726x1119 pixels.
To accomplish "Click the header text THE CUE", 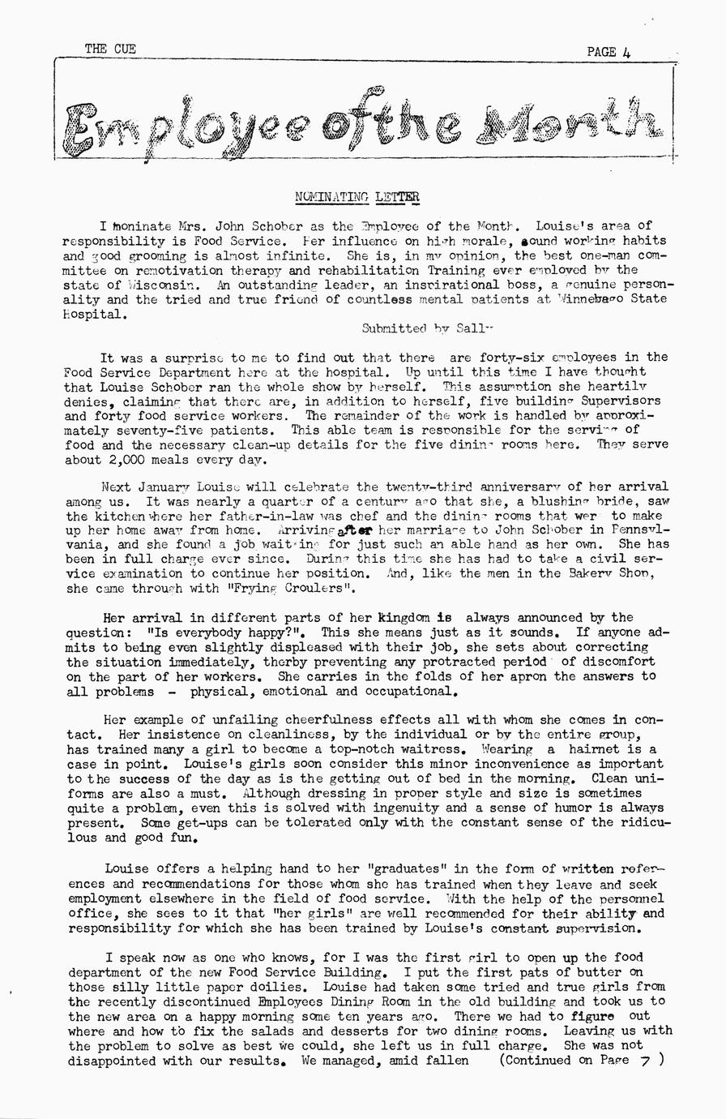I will point(110,49).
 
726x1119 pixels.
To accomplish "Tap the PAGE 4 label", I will point(609,52).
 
